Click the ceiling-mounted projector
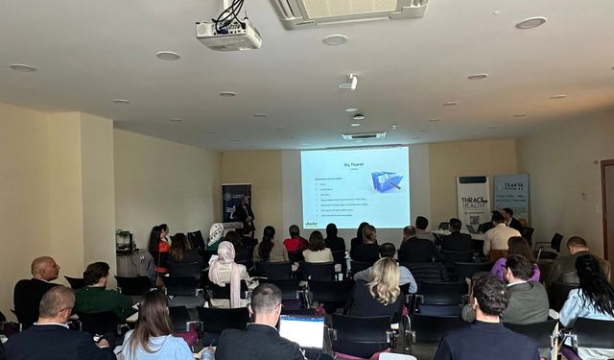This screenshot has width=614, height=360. click(x=228, y=35)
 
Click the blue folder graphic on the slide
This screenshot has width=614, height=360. click(x=386, y=181)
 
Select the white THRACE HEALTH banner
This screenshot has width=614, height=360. click(x=472, y=202)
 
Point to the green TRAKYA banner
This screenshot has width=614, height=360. click(x=511, y=196)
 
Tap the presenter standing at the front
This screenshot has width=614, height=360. click(x=247, y=215)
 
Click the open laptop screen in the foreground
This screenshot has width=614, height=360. click(x=301, y=331)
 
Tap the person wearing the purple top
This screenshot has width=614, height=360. click(x=516, y=256)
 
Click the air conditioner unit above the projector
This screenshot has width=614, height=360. click(x=351, y=10)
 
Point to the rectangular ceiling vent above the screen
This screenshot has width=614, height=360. click(x=364, y=135)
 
